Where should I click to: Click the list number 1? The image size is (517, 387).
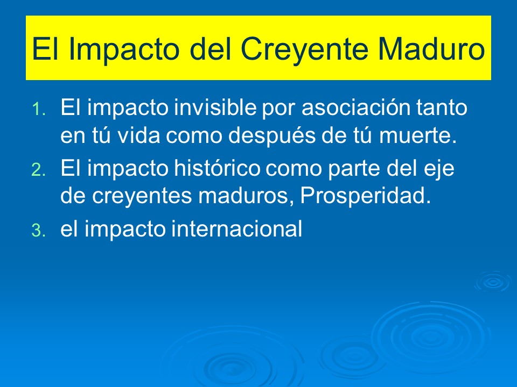39,110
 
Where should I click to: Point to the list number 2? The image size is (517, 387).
39,170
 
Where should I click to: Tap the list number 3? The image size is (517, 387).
39,231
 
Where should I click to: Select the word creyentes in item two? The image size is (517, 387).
130,197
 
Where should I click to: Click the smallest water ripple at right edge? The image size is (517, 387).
492,281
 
